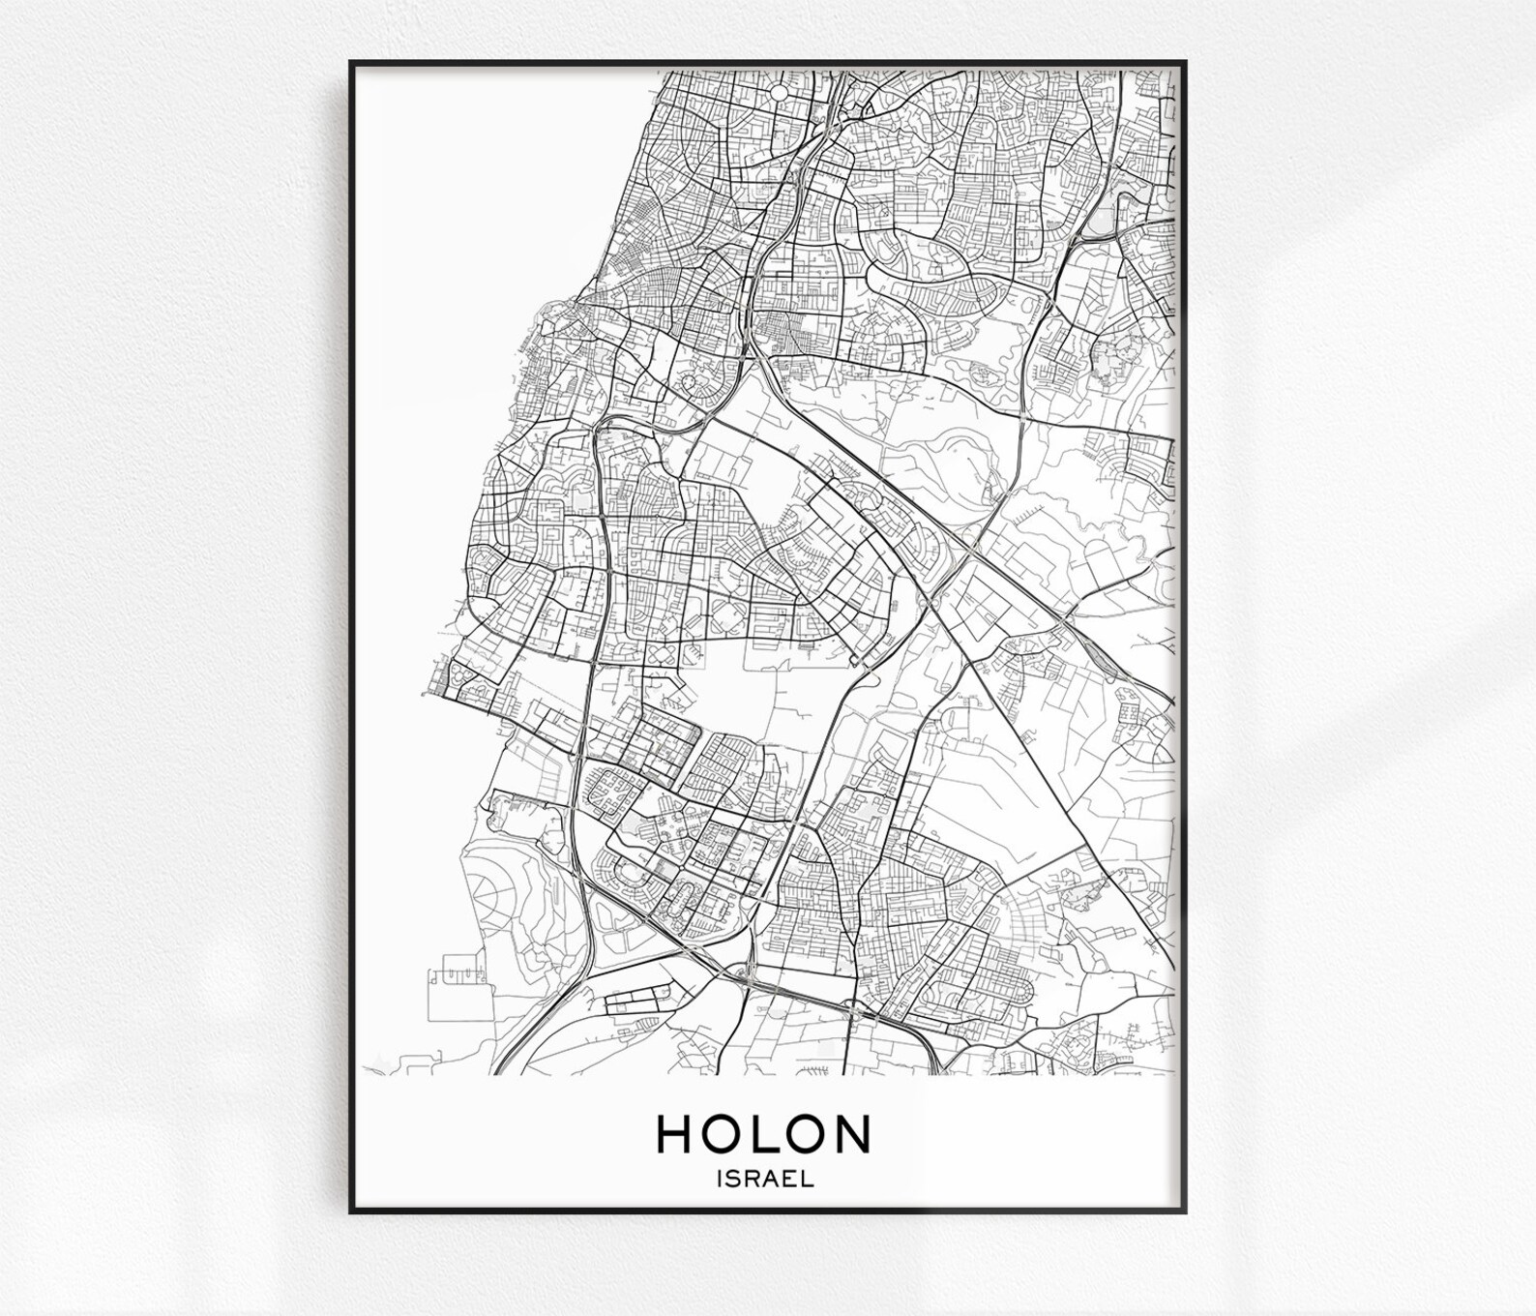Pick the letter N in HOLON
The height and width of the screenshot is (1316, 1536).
851,1134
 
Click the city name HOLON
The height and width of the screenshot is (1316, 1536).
764,1134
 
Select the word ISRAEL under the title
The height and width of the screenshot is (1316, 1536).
764,1179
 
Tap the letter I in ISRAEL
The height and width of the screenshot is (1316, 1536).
719,1179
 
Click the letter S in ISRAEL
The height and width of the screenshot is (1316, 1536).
732,1179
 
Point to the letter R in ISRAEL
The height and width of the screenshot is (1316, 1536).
751,1179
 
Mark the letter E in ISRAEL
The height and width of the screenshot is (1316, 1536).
790,1179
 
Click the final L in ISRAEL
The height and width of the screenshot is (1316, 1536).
807,1179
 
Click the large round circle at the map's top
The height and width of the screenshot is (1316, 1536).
778,92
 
